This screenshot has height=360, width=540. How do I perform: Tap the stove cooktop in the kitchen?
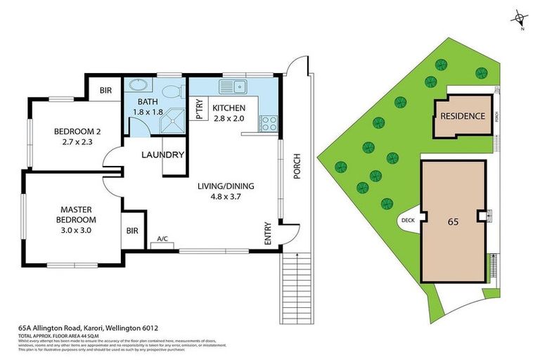268,123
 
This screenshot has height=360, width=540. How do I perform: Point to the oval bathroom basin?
138,86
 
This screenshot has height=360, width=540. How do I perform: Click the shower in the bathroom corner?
172,123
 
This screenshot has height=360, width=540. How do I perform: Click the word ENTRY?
268,233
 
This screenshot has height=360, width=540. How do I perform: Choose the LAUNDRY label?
162,155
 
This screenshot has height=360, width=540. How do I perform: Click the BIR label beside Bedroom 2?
105,91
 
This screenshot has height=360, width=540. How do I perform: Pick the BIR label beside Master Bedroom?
132,230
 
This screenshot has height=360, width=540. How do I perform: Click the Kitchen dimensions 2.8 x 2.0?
229,119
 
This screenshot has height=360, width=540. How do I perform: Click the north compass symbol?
520,18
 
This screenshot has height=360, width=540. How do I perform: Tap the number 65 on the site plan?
453,220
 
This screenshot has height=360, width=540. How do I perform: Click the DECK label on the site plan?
408,219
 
